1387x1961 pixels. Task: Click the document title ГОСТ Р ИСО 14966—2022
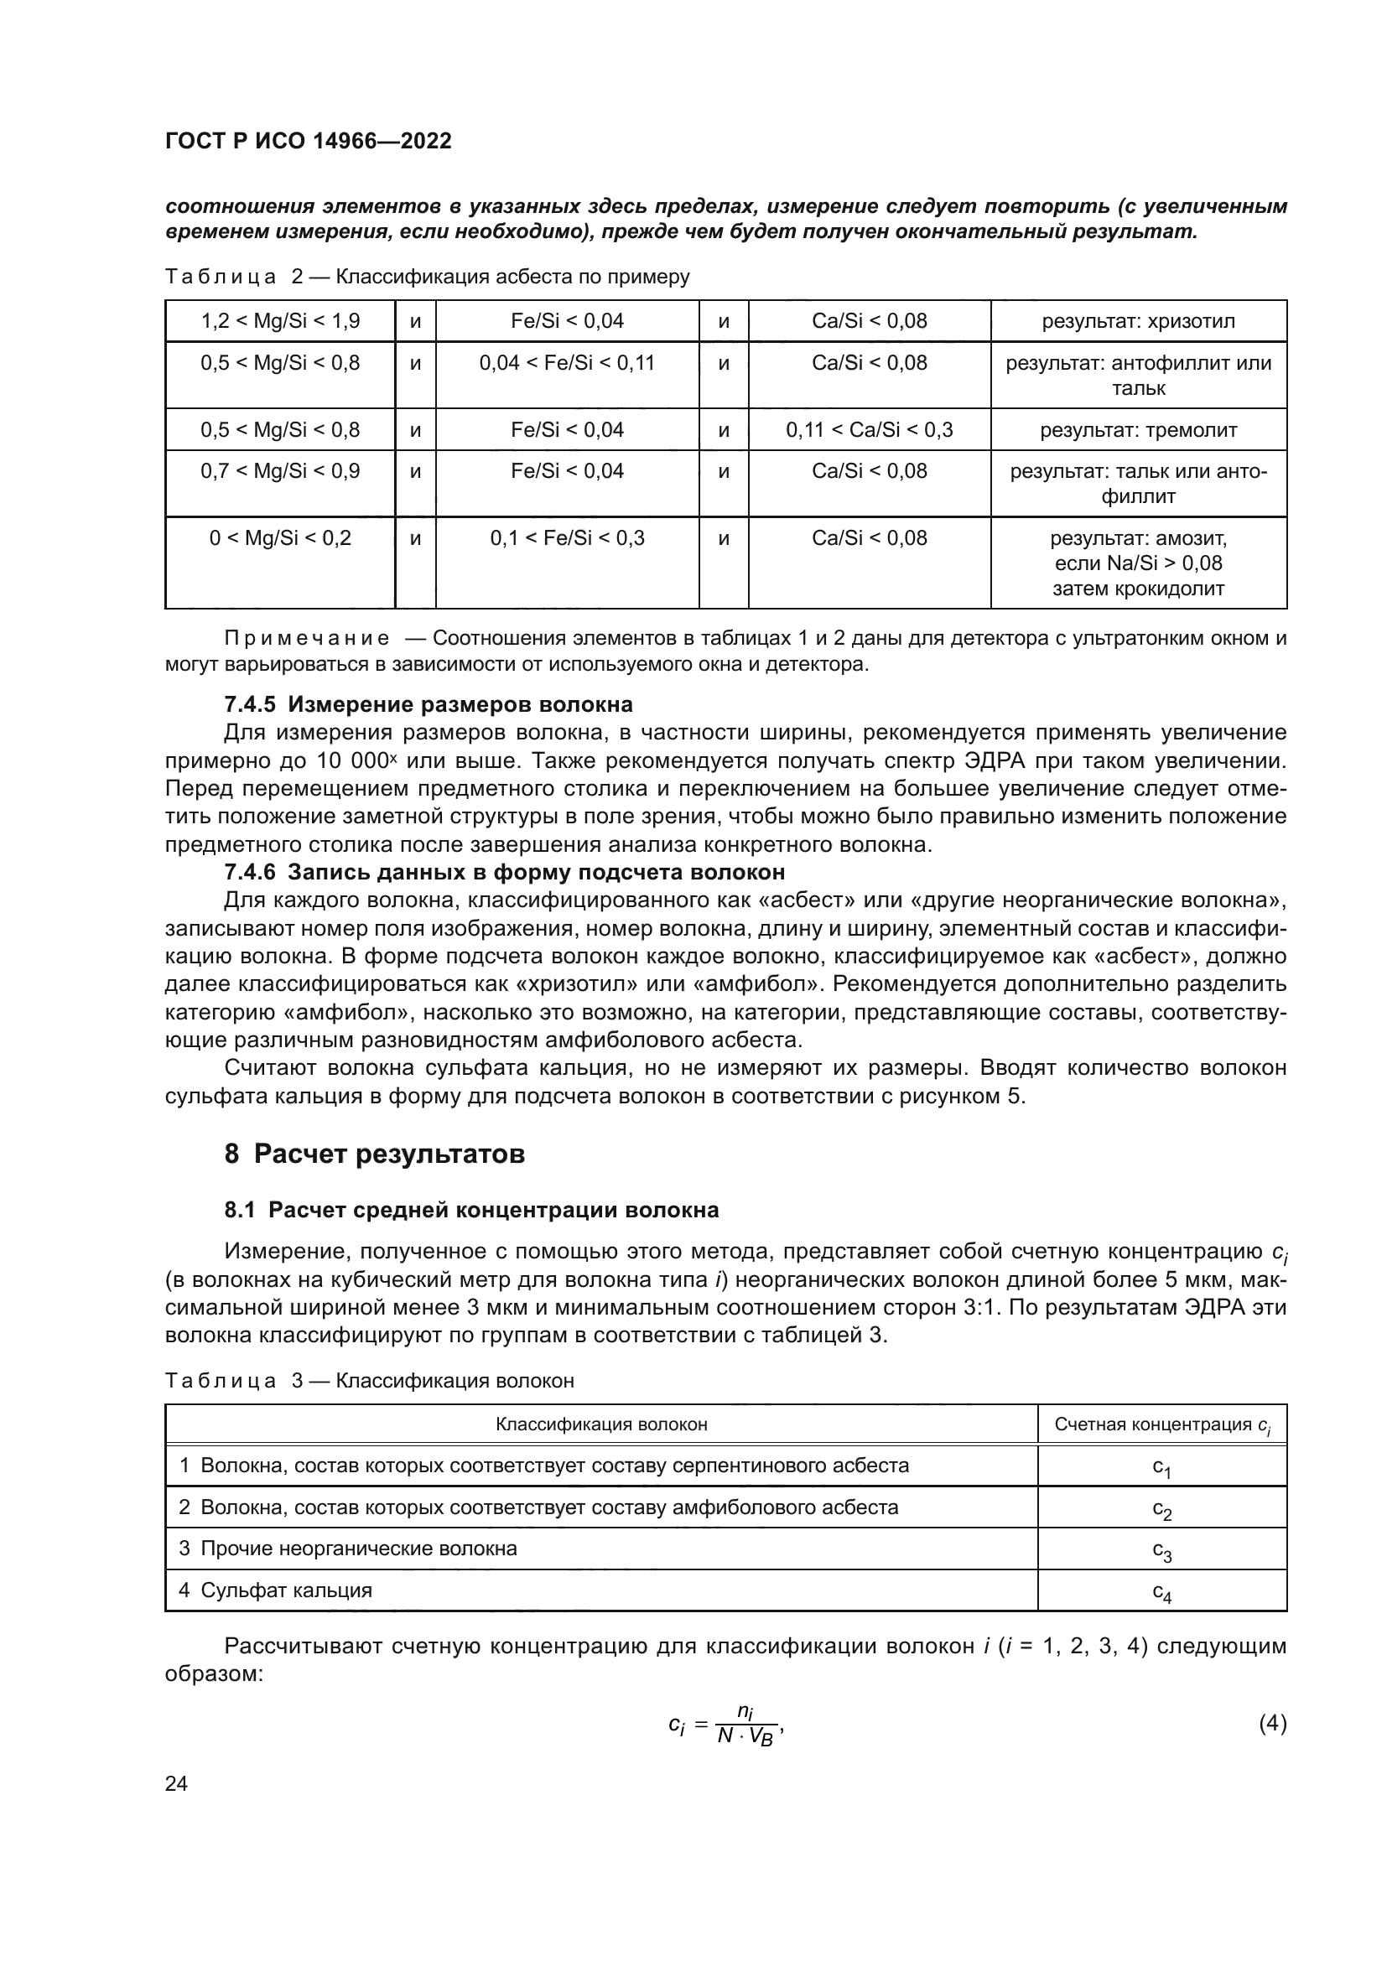[x=309, y=141]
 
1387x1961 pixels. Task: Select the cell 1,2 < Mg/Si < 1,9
[x=280, y=321]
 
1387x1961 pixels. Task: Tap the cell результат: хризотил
[x=1138, y=321]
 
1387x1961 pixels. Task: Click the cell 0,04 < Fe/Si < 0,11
[x=567, y=363]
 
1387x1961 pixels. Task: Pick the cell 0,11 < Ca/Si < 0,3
[x=870, y=429]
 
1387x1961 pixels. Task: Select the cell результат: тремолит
[x=1138, y=429]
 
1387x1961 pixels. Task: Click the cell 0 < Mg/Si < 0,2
[x=280, y=538]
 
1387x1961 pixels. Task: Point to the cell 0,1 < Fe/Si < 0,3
[x=567, y=538]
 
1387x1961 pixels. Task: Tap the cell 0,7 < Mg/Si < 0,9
[x=280, y=470]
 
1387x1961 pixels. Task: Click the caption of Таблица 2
[x=427, y=277]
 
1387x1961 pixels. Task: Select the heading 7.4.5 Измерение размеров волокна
[x=428, y=704]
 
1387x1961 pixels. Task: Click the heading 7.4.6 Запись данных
[x=504, y=872]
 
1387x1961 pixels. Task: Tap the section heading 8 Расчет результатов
[x=374, y=1154]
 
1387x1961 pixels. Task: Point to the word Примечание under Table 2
[x=307, y=638]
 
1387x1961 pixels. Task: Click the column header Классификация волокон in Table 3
[x=601, y=1424]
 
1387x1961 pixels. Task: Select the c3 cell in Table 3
[x=1161, y=1549]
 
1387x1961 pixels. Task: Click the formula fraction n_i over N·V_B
[x=745, y=1725]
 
